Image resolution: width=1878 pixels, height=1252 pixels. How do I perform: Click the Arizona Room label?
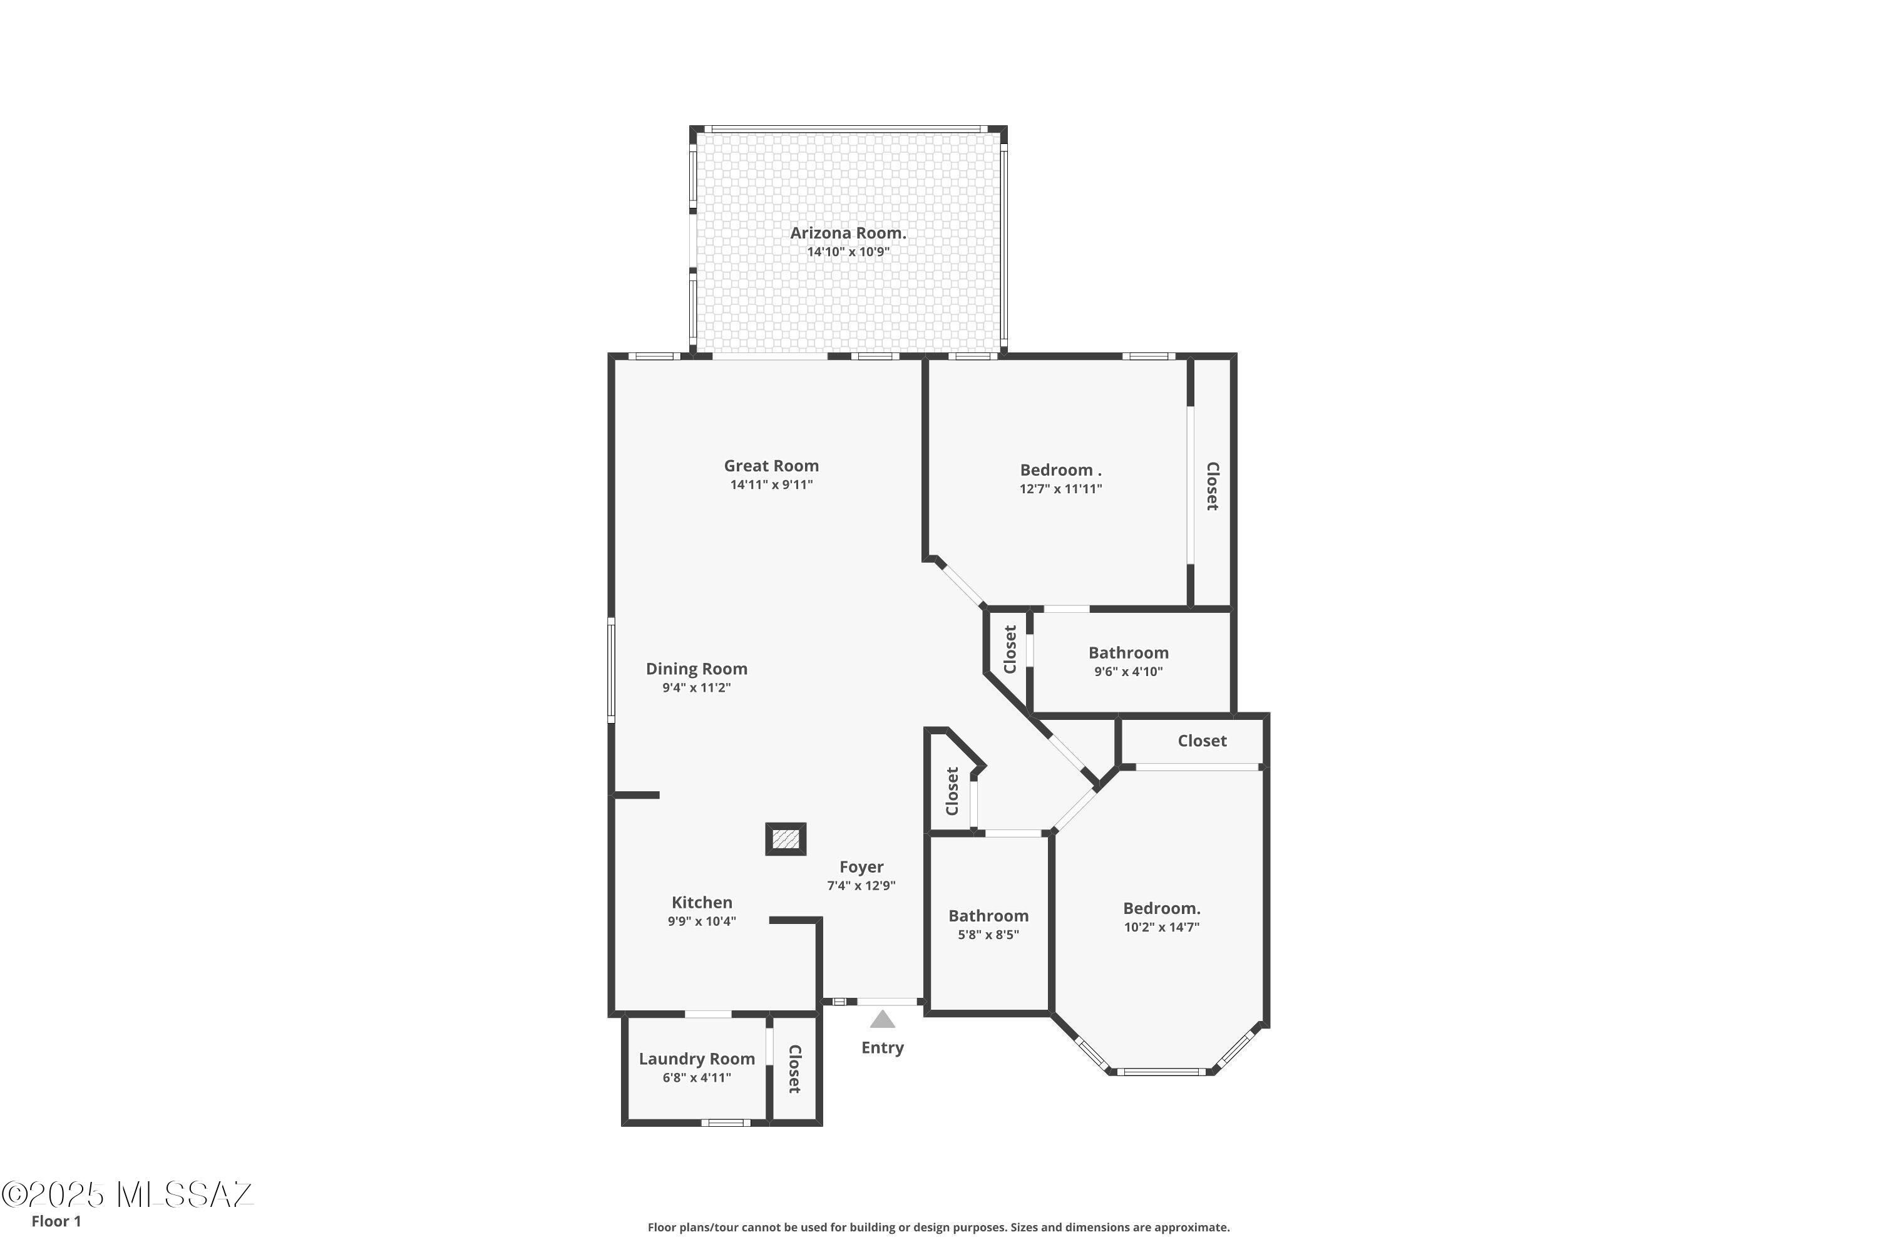pos(848,233)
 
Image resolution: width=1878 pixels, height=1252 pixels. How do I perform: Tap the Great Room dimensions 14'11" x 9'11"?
pos(771,485)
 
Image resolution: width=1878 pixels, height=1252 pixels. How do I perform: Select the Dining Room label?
pos(696,669)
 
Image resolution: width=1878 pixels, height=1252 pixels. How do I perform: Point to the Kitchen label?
pos(702,902)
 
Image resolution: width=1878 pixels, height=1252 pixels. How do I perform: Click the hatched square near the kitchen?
pos(786,839)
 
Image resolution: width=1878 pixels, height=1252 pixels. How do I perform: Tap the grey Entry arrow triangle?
pos(882,1020)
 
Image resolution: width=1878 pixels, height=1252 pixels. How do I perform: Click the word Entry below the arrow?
pos(882,1047)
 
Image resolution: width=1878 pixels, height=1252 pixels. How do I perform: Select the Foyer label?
pos(861,867)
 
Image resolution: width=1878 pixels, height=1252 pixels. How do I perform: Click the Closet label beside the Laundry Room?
pos(794,1069)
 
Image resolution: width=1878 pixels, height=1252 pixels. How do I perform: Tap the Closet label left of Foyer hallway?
pos(952,791)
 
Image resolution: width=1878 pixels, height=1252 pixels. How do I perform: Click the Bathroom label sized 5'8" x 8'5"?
pos(988,916)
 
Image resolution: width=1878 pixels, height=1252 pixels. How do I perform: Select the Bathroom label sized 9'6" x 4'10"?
pos(1128,653)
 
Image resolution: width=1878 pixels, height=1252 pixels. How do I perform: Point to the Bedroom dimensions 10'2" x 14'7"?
pos(1162,928)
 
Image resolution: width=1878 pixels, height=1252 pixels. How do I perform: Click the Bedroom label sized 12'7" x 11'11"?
pos(1060,470)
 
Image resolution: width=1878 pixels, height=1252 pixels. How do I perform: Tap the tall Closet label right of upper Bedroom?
pos(1212,486)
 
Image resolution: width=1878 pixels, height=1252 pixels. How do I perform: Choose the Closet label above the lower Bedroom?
pos(1202,741)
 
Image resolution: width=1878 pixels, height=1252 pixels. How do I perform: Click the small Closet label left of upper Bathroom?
pos(1010,649)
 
